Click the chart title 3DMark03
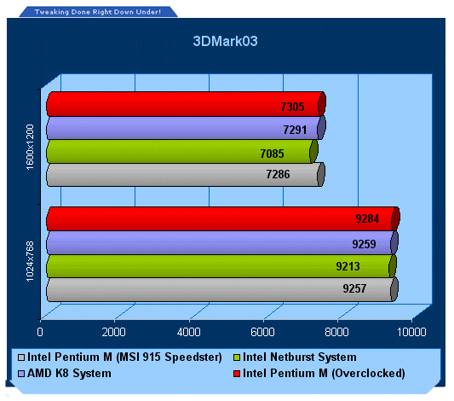click(225, 41)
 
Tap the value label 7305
click(292, 107)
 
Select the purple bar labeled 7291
click(187, 128)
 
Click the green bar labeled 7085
click(182, 151)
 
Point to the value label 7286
click(278, 174)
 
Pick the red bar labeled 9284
click(223, 219)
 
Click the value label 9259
click(364, 244)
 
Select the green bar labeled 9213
click(221, 266)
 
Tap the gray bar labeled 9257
click(222, 289)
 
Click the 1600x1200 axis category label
click(30, 147)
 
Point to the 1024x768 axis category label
click(30, 262)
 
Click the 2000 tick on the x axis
click(114, 332)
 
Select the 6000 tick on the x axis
click(262, 332)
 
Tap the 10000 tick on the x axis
click(411, 332)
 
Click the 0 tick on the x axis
click(40, 332)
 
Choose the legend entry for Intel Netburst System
click(295, 357)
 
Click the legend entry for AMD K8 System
click(65, 373)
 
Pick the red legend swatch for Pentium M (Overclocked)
click(237, 374)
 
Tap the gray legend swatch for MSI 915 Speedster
click(21, 357)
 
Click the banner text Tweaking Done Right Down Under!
click(98, 12)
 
